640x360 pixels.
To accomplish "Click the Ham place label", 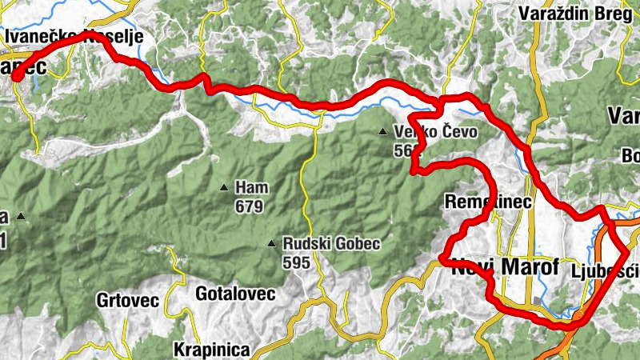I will [252, 188].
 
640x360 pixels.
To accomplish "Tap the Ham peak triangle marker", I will [225, 189].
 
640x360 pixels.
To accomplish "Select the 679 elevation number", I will [249, 206].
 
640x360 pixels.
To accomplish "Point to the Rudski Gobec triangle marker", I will [273, 243].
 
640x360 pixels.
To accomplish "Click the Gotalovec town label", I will [235, 294].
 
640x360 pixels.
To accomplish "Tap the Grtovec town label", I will [129, 301].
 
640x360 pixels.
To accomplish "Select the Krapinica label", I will [212, 350].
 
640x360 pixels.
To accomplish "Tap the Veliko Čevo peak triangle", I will [384, 132].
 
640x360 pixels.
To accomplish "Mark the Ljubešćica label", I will [606, 271].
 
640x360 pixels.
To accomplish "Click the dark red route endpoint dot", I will [14, 76].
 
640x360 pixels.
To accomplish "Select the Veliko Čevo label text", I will [435, 132].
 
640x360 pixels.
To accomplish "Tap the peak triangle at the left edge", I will [21, 216].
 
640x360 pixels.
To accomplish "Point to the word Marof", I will [532, 268].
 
